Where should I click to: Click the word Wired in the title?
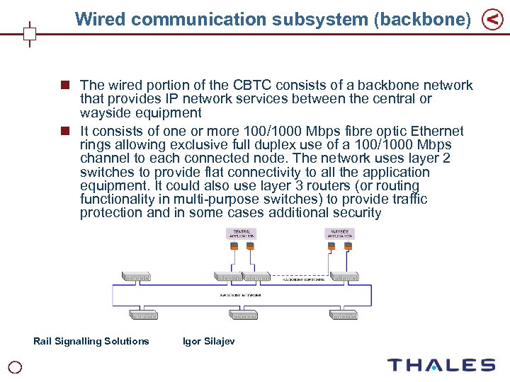[100, 19]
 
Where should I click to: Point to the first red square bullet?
[65, 85]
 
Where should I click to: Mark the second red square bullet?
[65, 131]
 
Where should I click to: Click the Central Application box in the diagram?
[241, 233]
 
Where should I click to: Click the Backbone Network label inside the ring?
[240, 294]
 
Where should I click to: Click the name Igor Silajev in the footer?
[209, 341]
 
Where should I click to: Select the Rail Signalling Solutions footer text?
[91, 341]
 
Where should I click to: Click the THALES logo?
[441, 365]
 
